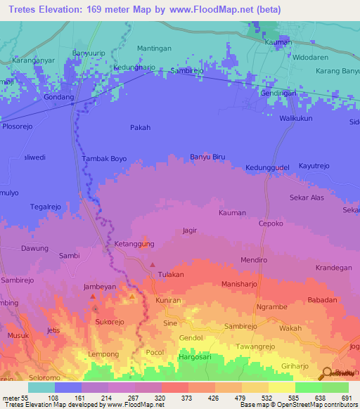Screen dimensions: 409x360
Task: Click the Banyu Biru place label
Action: pos(207,157)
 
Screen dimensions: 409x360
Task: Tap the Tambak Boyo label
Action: pos(105,159)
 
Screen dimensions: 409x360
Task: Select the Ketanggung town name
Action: pos(134,244)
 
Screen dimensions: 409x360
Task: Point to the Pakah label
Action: pos(141,127)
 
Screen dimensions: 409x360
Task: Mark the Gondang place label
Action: pos(58,98)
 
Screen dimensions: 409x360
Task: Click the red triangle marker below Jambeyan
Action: pos(94,297)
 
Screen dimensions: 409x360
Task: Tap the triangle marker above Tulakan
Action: pos(152,264)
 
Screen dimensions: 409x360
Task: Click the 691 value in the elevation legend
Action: pos(346,397)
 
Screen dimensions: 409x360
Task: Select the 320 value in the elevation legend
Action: pos(160,397)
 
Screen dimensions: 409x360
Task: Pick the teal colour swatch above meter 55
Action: pos(41,387)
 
